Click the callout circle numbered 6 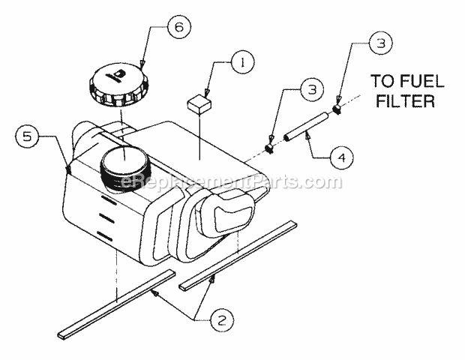point(178,28)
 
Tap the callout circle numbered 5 point(28,136)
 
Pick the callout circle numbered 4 point(341,158)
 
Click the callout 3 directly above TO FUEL point(380,45)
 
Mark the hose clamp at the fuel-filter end point(337,109)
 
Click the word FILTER point(403,101)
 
